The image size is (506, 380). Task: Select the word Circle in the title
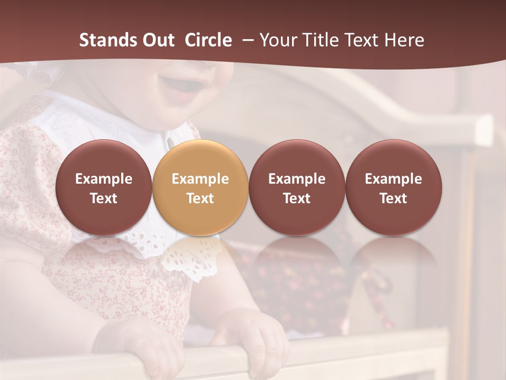pyautogui.click(x=208, y=40)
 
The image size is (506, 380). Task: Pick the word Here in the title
pyautogui.click(x=404, y=40)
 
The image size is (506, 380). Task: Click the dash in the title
pyautogui.click(x=246, y=41)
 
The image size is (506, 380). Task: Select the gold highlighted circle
pyautogui.click(x=200, y=187)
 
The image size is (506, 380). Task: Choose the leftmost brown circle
pyautogui.click(x=104, y=187)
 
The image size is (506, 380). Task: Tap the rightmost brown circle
pyautogui.click(x=394, y=187)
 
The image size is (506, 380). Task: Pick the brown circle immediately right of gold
pyautogui.click(x=297, y=187)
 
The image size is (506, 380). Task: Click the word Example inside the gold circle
pyautogui.click(x=200, y=179)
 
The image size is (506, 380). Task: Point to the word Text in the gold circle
pyautogui.click(x=200, y=198)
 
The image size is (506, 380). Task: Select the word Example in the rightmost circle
pyautogui.click(x=394, y=179)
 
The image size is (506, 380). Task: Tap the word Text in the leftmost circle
pyautogui.click(x=104, y=198)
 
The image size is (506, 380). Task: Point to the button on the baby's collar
pyautogui.click(x=170, y=141)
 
